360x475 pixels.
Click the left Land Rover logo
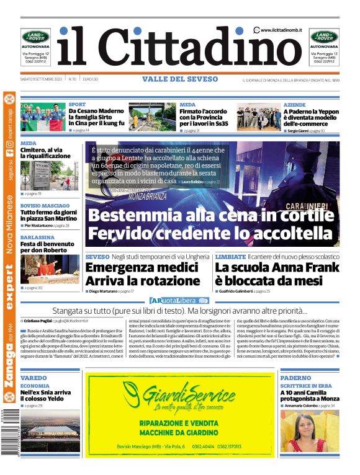click(x=35, y=37)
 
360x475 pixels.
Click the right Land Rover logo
click(x=324, y=37)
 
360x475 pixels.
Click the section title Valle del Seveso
click(x=180, y=79)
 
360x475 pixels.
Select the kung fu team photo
click(x=43, y=117)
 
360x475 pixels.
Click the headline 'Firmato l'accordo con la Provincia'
click(x=205, y=117)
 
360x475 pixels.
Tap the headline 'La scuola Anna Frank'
click(x=277, y=267)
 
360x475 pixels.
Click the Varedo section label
click(x=34, y=378)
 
